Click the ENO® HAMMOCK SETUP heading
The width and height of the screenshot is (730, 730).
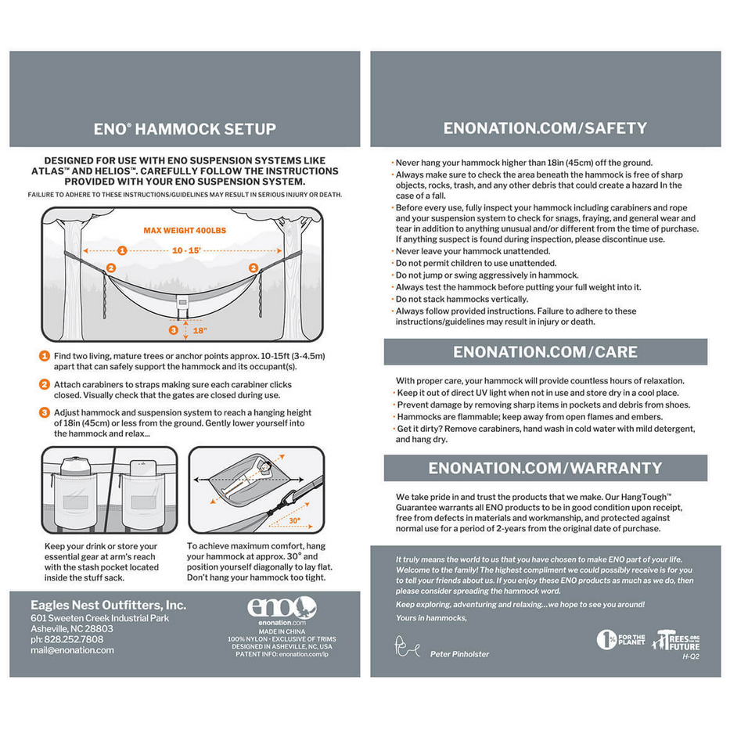(x=185, y=129)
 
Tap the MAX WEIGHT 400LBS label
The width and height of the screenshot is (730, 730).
(x=185, y=231)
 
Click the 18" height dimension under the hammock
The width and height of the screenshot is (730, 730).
(x=200, y=330)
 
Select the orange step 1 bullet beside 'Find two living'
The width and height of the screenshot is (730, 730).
(x=45, y=357)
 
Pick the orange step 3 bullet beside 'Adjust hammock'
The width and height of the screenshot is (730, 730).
(x=45, y=412)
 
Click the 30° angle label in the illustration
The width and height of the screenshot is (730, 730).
(x=293, y=520)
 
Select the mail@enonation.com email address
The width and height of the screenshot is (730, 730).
(x=72, y=650)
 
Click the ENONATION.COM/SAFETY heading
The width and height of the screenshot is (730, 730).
(x=545, y=128)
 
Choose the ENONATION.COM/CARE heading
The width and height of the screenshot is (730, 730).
(x=545, y=352)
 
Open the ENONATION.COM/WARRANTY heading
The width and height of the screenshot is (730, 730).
(x=545, y=468)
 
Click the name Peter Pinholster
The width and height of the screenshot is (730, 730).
(x=459, y=654)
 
